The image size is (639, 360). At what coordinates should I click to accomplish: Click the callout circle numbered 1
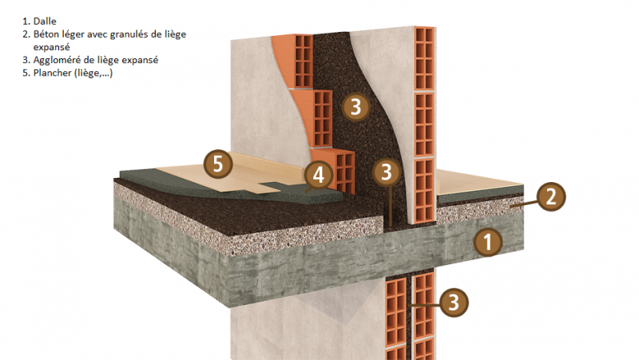[488, 242]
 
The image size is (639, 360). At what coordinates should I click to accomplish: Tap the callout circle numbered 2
[550, 196]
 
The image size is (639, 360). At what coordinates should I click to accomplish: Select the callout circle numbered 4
[318, 175]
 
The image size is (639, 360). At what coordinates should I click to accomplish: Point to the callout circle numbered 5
[218, 164]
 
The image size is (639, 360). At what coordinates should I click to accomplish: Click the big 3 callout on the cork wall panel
[355, 106]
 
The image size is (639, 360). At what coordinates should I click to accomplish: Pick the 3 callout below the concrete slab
[454, 303]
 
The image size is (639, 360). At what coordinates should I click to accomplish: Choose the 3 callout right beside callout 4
[387, 172]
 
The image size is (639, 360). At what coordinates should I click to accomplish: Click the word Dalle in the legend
[45, 22]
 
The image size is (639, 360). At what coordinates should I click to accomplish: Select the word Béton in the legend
[46, 34]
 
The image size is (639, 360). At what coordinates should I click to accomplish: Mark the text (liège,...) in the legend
[93, 73]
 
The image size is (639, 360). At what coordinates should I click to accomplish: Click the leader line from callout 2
[524, 203]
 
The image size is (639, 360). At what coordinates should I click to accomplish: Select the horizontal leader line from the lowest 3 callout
[425, 305]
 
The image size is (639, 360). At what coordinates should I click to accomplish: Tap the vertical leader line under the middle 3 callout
[390, 206]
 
